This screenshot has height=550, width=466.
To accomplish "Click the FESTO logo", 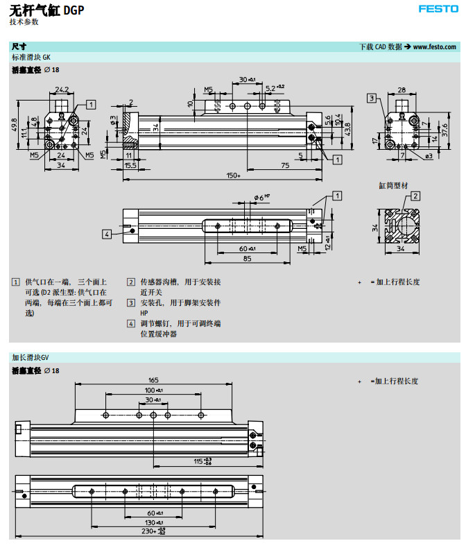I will [x=438, y=9].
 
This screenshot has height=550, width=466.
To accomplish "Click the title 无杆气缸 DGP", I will [x=47, y=10].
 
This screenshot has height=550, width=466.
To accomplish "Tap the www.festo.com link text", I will [x=434, y=46].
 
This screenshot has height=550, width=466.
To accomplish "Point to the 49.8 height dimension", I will [x=15, y=126].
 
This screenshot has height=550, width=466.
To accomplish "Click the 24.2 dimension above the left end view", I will [x=62, y=89].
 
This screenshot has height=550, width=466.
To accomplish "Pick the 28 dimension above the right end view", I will [x=402, y=89].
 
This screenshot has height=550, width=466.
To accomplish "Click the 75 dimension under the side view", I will [x=285, y=166].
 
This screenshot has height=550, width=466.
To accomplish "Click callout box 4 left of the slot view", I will [x=107, y=234].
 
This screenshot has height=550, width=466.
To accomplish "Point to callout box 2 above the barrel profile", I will [x=415, y=196].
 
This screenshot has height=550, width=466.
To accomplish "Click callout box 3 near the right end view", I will [x=372, y=98].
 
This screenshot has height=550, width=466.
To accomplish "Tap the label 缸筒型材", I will [x=392, y=185].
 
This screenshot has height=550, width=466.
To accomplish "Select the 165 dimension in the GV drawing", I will [x=153, y=379].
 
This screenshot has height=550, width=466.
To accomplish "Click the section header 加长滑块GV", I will [x=31, y=357].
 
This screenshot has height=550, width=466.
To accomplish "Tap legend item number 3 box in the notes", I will [x=131, y=303].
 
